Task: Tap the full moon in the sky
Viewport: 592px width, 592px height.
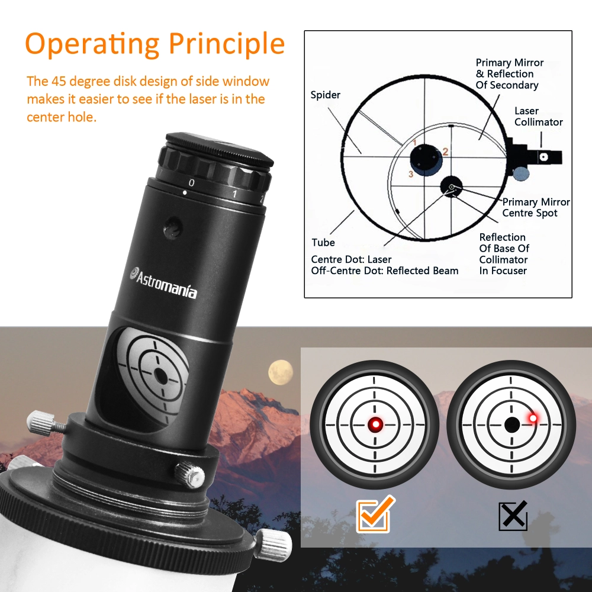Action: [281, 372]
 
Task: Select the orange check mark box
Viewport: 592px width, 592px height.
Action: [373, 515]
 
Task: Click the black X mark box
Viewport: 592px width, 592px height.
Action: [513, 515]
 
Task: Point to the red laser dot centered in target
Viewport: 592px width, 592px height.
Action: [374, 424]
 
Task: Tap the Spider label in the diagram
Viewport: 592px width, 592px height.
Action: [326, 95]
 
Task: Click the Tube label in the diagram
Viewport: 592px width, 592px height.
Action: [323, 242]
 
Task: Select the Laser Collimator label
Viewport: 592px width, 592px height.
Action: [538, 117]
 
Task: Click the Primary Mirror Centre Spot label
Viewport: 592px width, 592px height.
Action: [536, 207]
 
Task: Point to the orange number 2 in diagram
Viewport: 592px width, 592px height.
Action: [446, 152]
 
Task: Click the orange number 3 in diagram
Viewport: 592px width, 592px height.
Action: [410, 174]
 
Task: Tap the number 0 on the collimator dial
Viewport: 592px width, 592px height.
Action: [191, 182]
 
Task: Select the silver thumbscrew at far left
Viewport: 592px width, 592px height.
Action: [41, 422]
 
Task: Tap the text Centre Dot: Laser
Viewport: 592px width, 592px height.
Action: [351, 259]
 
